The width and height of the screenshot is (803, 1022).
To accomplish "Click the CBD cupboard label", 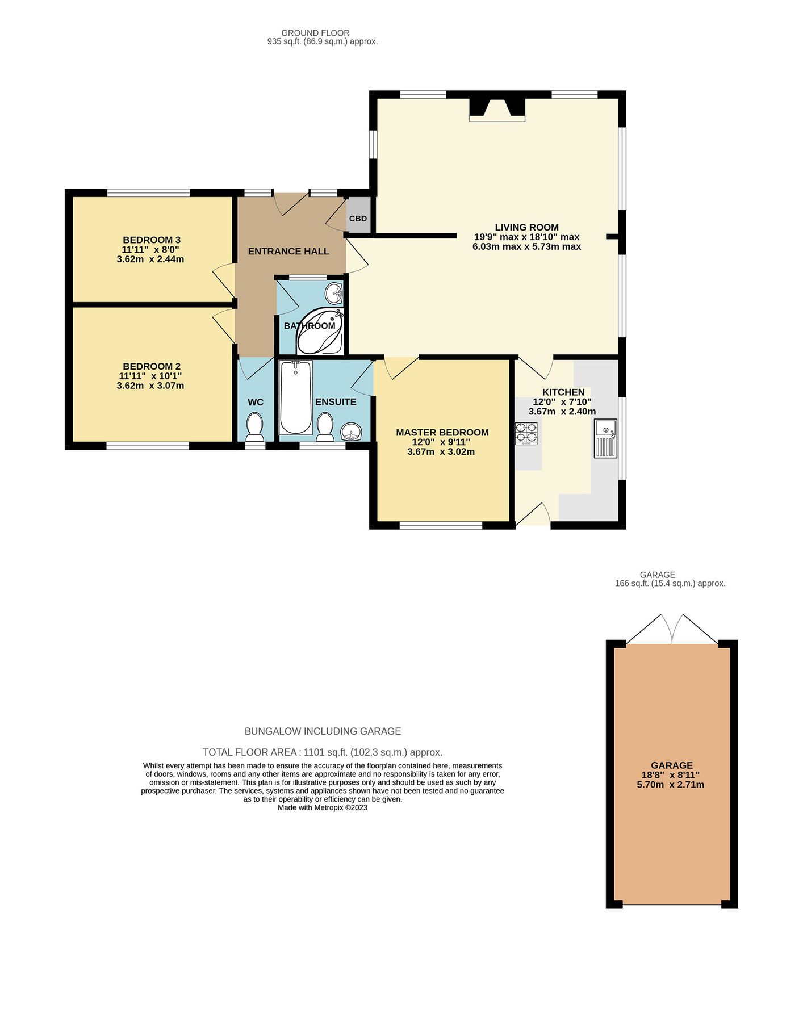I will [x=358, y=219].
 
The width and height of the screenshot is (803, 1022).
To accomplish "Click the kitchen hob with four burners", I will [x=526, y=434].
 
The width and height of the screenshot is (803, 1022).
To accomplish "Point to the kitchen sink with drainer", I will [x=605, y=438].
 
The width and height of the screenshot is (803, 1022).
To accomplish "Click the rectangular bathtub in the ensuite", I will [x=296, y=397].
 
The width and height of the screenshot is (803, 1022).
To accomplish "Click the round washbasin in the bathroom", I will [x=334, y=294].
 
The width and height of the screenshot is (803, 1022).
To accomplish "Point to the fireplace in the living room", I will [x=497, y=110].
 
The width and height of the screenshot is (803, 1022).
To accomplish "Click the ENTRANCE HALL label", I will [x=288, y=252].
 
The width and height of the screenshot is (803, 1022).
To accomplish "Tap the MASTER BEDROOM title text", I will [x=442, y=433].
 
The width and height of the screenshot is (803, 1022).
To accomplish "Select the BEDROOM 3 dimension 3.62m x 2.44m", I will [x=150, y=259].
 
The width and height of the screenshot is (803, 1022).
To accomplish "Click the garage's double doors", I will [x=672, y=629].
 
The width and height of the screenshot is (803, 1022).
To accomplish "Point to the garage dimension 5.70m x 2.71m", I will [x=671, y=785].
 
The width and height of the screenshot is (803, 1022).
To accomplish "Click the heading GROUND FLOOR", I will [x=315, y=33].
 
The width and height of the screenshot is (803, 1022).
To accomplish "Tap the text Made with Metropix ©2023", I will [x=323, y=807].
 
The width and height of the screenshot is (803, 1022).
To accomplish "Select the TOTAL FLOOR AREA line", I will [x=323, y=752].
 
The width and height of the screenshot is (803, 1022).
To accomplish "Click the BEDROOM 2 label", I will [x=152, y=366].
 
